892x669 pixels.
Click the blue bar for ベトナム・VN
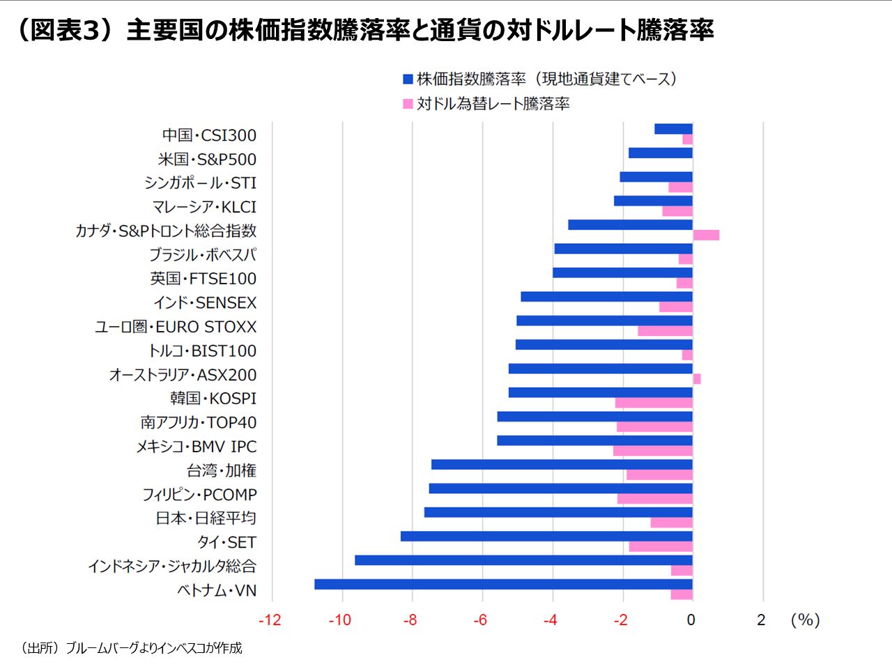tap(503, 584)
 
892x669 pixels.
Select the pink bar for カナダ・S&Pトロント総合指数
tap(706, 235)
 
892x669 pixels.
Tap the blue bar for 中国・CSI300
tap(673, 129)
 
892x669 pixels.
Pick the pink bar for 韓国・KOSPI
tap(654, 403)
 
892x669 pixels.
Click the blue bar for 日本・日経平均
tap(558, 512)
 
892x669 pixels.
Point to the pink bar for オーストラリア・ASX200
tap(697, 379)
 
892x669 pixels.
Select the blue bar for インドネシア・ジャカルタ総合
tap(523, 560)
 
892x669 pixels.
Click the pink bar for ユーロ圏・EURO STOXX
tap(665, 331)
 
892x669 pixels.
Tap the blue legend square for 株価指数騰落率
tap(408, 79)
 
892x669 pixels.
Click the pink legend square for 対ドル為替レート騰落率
tap(408, 104)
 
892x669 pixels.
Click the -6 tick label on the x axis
tap(480, 620)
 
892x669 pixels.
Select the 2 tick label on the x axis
tap(762, 620)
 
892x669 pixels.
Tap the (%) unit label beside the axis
tap(805, 620)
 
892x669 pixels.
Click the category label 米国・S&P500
tap(207, 160)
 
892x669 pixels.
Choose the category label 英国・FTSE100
tap(203, 279)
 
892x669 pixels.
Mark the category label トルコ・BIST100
tap(202, 351)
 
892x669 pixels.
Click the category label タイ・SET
tap(226, 542)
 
